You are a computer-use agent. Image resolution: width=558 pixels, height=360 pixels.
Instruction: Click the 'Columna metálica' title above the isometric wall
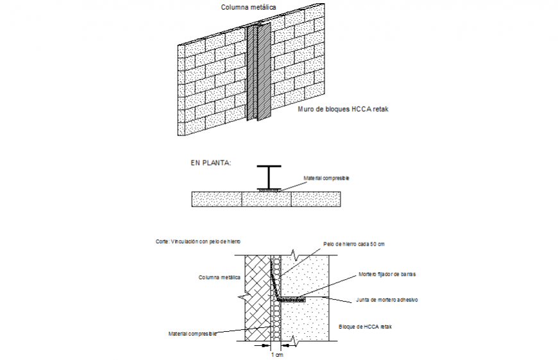[x=249, y=8]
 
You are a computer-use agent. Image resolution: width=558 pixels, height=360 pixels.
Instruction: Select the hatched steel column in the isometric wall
[x=259, y=73]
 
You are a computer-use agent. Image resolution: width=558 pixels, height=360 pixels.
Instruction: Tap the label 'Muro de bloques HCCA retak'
[x=343, y=110]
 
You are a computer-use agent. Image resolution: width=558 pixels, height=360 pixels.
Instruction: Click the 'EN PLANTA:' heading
[x=210, y=163]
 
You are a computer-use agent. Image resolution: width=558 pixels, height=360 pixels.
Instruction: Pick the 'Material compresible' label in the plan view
[x=326, y=178]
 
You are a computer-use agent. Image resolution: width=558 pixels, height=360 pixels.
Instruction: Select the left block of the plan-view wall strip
[x=217, y=200]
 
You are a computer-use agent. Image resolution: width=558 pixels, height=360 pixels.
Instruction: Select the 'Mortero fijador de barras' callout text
[x=387, y=274]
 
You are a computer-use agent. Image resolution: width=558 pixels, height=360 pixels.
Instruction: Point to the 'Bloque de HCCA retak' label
[x=364, y=327]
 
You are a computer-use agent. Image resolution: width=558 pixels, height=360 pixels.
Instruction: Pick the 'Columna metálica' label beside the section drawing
[x=219, y=277]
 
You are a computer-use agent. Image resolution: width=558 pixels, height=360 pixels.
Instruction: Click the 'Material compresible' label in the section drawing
[x=192, y=334]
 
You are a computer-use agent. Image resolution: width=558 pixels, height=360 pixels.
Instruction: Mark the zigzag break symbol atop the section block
[x=296, y=255]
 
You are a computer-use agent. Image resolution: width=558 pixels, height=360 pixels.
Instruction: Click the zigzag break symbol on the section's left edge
[x=243, y=298]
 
